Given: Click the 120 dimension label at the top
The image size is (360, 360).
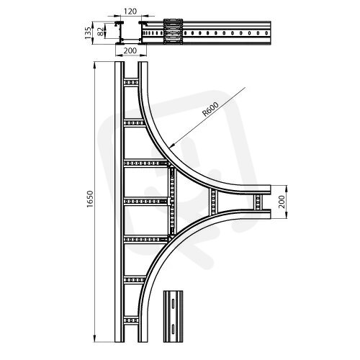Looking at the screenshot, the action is (x=130, y=12).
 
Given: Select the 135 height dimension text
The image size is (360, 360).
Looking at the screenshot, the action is (x=88, y=33).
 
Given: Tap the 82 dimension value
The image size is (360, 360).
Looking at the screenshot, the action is (x=100, y=31).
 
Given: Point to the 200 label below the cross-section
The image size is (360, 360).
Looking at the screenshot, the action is (x=130, y=50).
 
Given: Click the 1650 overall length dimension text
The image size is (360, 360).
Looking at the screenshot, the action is (x=89, y=199).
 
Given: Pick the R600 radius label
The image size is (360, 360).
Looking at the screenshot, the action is (x=210, y=109).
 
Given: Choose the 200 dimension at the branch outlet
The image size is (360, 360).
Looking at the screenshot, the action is (x=282, y=202).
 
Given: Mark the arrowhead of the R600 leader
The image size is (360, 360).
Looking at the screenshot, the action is (x=171, y=146).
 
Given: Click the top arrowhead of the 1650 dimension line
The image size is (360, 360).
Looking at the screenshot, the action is (x=95, y=65).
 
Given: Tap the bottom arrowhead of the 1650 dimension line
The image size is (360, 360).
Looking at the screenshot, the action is (x=95, y=338).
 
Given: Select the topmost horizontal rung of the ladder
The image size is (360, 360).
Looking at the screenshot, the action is (x=131, y=83).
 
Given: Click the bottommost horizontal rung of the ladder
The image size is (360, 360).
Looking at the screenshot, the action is (x=131, y=320).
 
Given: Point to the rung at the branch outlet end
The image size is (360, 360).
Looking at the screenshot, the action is (x=258, y=202).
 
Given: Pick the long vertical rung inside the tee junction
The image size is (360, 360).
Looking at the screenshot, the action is (x=172, y=201).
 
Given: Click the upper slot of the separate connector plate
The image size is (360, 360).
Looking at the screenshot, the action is (x=173, y=303).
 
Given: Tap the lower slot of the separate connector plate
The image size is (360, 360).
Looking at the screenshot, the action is (x=173, y=328).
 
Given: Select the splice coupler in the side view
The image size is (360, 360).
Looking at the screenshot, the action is (x=173, y=32).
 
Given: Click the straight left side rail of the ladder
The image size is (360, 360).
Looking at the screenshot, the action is (x=120, y=202).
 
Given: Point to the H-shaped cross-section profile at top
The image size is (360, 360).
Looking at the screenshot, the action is (x=131, y=33).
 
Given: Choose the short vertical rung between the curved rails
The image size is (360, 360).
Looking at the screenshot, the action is (x=212, y=202).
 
